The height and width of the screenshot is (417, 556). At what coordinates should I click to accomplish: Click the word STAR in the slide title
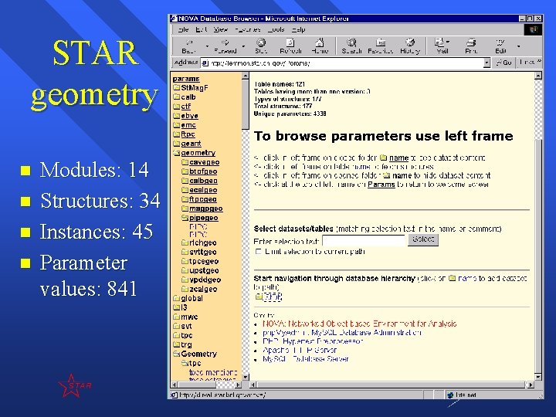click(94, 53)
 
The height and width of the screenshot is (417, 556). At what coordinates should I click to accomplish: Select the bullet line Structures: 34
click(100, 201)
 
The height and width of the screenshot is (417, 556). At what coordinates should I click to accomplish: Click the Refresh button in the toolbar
click(291, 46)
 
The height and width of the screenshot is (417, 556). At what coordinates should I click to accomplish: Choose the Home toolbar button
click(320, 46)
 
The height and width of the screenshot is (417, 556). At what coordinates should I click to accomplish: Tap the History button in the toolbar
click(409, 46)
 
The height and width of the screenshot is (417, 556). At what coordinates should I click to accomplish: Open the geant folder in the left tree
click(191, 144)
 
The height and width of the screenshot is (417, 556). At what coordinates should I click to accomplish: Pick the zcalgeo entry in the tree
click(204, 290)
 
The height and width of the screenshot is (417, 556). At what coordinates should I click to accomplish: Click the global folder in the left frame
click(192, 298)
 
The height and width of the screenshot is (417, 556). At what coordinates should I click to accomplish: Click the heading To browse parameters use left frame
click(383, 136)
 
